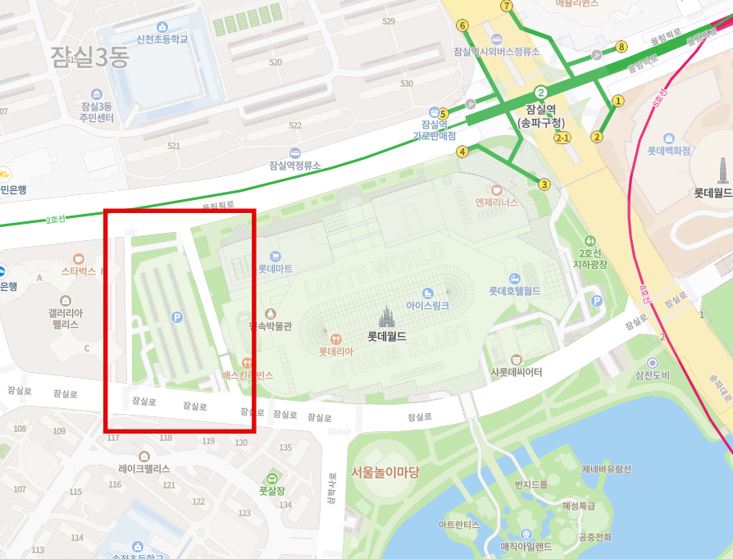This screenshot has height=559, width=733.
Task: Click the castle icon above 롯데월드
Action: (386, 316)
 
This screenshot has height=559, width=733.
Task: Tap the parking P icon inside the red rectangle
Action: (177, 316)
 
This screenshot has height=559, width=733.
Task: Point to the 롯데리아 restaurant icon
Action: (335, 339)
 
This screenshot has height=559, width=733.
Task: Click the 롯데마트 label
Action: (275, 268)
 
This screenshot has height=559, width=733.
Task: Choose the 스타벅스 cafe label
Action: (79, 270)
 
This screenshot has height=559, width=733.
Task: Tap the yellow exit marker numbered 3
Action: (544, 184)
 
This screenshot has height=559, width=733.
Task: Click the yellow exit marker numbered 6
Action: (462, 25)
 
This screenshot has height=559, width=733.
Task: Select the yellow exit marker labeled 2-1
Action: (562, 138)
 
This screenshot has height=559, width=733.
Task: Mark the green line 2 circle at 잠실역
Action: (540, 93)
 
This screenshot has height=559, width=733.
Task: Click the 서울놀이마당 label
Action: (385, 472)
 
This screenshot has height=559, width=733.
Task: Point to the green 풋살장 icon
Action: (271, 478)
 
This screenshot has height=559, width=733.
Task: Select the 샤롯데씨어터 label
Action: (516, 372)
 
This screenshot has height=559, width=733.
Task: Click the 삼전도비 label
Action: (653, 375)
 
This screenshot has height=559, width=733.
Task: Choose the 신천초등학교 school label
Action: (162, 39)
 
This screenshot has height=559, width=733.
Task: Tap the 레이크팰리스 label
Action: (144, 469)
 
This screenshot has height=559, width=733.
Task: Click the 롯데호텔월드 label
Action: (514, 290)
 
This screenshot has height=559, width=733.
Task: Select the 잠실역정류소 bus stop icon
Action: (295, 153)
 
